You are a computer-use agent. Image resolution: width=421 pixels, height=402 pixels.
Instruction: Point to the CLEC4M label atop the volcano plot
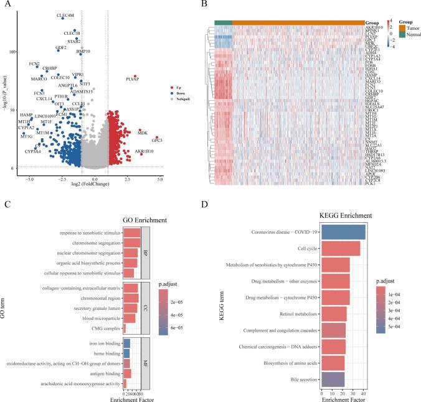click(x=65, y=14)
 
